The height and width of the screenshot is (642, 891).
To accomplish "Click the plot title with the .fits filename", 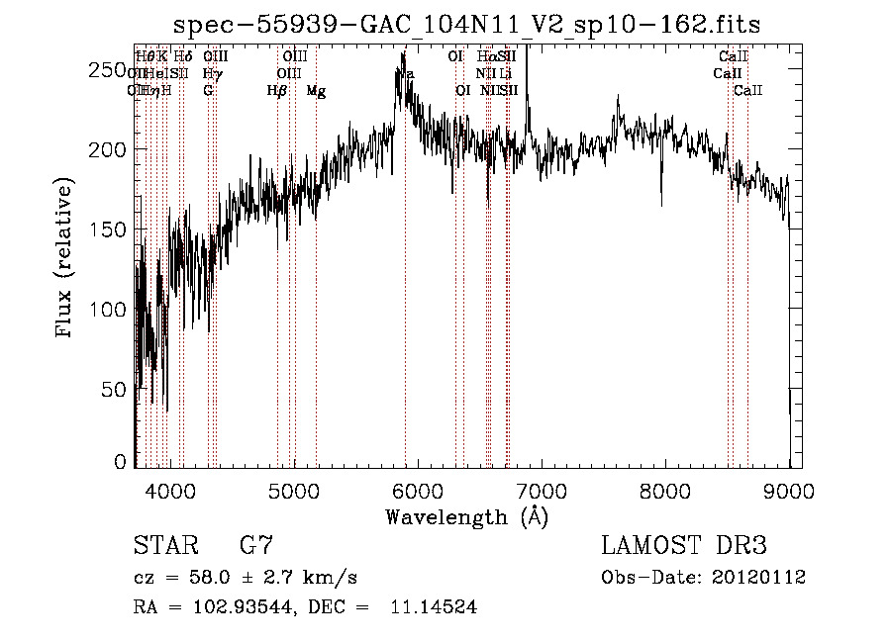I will click(x=466, y=24).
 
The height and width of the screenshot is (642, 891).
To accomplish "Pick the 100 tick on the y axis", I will click(x=112, y=310).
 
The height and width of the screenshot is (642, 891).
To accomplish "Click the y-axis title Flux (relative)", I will click(x=66, y=259).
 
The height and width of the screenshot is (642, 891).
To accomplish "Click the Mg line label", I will click(x=316, y=91).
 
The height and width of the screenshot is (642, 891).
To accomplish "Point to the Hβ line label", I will click(x=277, y=91).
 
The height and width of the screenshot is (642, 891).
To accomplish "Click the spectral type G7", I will click(x=256, y=545).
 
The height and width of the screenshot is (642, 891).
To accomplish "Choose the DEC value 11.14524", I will click(x=432, y=607).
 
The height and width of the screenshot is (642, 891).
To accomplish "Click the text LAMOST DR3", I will click(x=683, y=545).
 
